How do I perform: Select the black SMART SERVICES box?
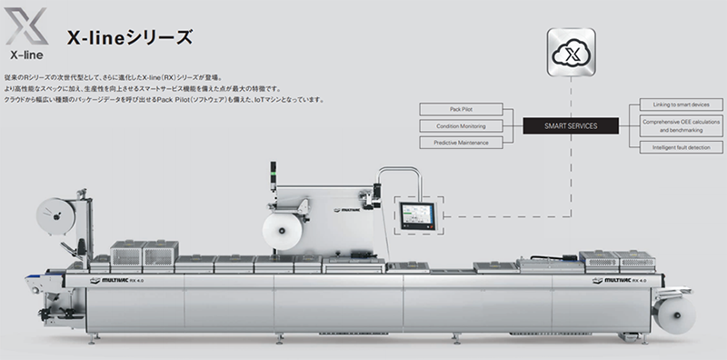coord(570,125)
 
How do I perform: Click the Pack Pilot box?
coord(460,108)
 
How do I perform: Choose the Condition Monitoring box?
coord(460,125)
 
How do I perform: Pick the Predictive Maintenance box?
coord(460,143)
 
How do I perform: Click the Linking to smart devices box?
coord(682,105)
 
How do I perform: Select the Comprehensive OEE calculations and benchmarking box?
coord(682,125)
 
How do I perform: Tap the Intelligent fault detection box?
coord(682,146)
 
